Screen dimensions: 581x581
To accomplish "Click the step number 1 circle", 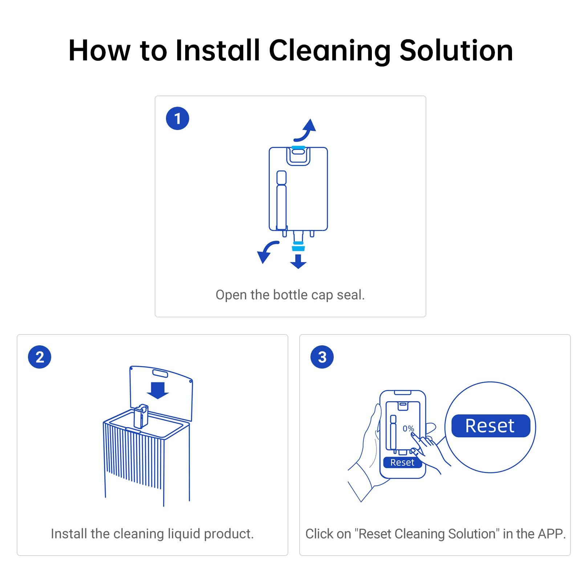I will [x=177, y=118].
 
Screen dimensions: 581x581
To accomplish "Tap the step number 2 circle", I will [x=40, y=357].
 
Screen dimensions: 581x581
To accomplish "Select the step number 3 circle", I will [x=322, y=357].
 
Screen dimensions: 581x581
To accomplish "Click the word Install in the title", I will [x=218, y=51].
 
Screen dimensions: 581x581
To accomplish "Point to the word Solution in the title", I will [x=456, y=51].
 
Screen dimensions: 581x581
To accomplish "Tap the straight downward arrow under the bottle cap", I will [x=298, y=261].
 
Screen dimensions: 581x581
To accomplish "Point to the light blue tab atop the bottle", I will [x=298, y=148].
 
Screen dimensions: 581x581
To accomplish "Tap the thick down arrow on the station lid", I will [x=158, y=390].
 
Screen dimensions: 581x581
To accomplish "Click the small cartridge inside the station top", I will [x=141, y=416].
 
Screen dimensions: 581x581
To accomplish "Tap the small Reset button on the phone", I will [x=402, y=462].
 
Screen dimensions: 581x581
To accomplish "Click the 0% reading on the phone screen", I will [x=408, y=428].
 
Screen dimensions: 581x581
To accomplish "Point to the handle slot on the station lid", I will [x=160, y=373].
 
